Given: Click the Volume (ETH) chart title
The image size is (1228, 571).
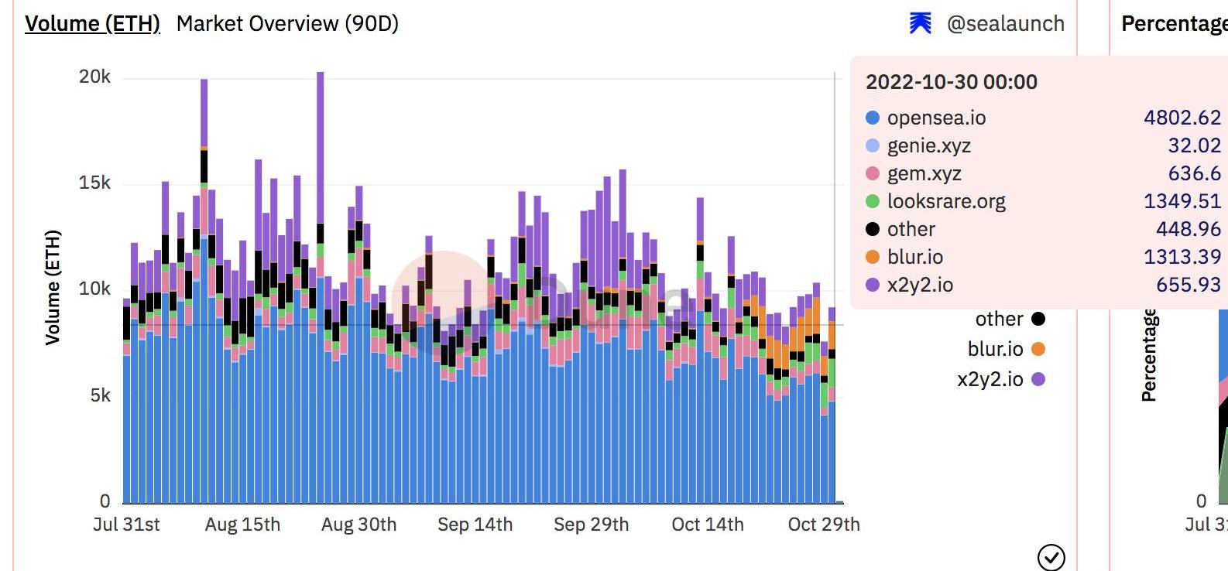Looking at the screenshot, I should (x=92, y=23).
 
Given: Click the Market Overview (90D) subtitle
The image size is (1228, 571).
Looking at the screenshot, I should (x=287, y=23).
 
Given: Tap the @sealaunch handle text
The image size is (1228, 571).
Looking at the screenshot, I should (x=1005, y=24).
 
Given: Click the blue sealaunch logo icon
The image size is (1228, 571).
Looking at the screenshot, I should (x=920, y=24).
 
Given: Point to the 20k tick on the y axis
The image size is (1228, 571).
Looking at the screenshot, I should (x=95, y=77).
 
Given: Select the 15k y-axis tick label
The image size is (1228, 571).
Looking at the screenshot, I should (x=95, y=183).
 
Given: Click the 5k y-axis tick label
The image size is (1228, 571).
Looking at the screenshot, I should (x=101, y=395).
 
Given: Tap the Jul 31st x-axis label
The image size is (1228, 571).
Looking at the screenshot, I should (x=126, y=525).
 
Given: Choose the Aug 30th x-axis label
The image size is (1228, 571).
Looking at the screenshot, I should (x=358, y=525).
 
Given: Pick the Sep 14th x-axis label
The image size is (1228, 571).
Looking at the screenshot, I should (x=475, y=525).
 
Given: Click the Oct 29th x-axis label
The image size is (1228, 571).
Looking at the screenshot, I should (x=823, y=525).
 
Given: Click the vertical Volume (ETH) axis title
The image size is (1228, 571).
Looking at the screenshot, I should (x=53, y=287).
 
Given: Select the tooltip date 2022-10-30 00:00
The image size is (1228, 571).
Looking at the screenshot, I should (x=951, y=82).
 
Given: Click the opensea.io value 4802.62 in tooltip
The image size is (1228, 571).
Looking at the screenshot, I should (x=1182, y=118).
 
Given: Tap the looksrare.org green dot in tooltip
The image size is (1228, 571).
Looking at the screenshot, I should (x=873, y=201).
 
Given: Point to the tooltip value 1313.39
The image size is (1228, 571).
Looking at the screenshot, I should (x=1182, y=257).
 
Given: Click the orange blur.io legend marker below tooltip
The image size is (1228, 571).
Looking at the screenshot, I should (x=1038, y=349).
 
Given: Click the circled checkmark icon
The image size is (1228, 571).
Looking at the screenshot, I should (x=1051, y=556).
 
